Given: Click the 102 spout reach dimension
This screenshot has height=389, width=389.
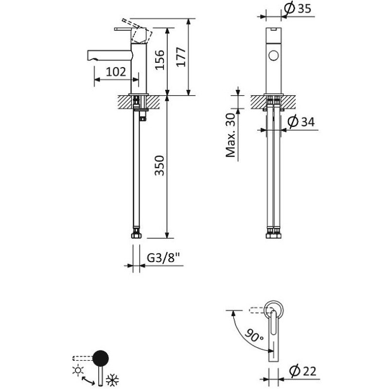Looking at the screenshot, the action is coord(116,71).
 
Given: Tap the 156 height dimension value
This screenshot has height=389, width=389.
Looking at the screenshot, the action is coord(159,60).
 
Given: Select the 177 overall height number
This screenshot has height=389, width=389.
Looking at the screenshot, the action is coord(181,57).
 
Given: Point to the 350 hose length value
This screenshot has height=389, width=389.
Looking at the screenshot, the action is coord(159,165).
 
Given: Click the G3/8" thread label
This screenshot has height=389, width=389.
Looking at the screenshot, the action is coord(163,258).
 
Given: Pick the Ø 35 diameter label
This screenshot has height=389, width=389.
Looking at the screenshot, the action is coord(298,8).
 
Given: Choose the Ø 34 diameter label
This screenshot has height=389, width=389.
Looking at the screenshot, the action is coord(301,122).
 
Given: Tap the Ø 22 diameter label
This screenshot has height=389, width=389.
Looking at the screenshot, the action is coord(302,371).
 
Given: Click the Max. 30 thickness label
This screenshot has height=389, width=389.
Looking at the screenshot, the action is coord(230,135).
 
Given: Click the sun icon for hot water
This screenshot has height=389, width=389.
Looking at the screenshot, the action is coord(78,370).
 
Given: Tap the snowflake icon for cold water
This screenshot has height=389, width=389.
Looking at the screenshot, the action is coord(112,380).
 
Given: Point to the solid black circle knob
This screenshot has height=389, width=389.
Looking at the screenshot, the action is coord(101,358).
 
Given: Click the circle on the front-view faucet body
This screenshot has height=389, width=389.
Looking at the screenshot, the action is coord(274,55).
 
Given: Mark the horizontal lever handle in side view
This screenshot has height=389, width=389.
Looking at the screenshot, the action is coord(123,29).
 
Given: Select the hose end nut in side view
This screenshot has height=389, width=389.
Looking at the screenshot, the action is coord(136,235).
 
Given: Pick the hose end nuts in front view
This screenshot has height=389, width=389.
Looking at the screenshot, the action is coord(273,235).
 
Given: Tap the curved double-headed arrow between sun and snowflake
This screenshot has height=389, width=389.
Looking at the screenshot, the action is coord(88,381).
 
